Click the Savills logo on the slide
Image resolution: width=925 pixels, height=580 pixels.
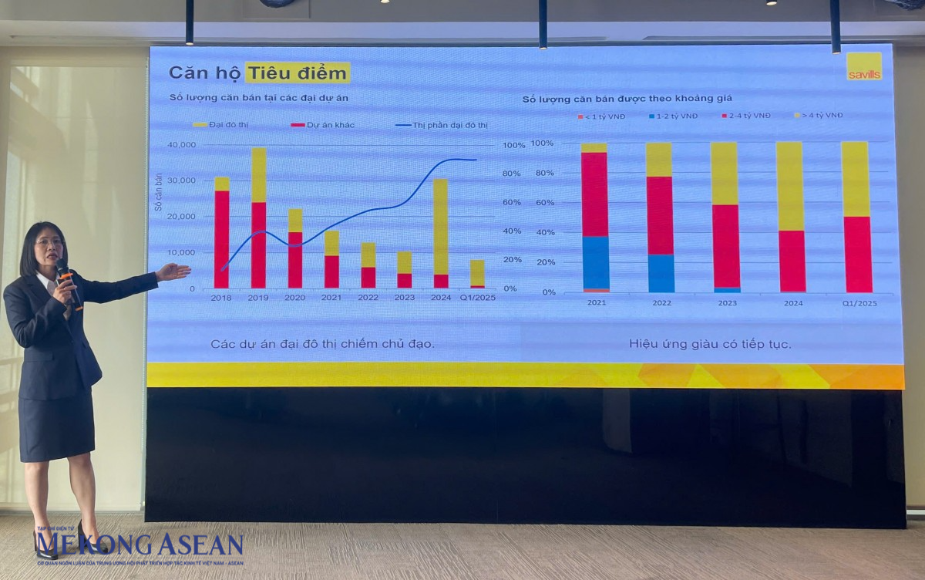[x=863, y=66]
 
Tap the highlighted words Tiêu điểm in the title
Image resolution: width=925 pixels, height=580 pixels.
[x=298, y=72]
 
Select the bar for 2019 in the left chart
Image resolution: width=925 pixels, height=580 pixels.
[x=259, y=218]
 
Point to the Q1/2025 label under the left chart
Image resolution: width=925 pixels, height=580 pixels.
[x=477, y=298]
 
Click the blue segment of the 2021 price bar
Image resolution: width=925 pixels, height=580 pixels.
[x=594, y=262]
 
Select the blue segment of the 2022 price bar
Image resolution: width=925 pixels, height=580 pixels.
[x=660, y=273]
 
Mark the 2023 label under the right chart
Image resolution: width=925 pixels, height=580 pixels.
[x=725, y=302]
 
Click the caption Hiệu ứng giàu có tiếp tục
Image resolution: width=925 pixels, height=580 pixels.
[x=709, y=344]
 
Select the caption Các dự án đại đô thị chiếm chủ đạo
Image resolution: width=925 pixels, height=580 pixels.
[x=322, y=344]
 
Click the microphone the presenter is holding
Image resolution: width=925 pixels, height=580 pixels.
[x=66, y=281]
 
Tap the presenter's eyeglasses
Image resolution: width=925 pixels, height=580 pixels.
[x=49, y=242]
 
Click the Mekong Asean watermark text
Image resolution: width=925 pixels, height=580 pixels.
[x=139, y=545]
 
